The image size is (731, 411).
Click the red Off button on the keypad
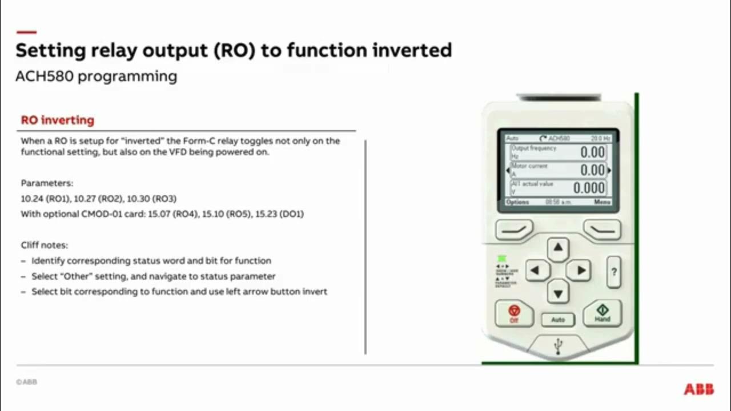coord(514,313)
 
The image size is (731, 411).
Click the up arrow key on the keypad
coord(558,248)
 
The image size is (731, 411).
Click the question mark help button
coord(614,272)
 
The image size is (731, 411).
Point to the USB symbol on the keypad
coord(558,345)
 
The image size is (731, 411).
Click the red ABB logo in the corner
coord(698,389)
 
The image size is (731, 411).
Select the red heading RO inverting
coord(57,120)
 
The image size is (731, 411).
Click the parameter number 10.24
coord(31,199)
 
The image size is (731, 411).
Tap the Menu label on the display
coord(602,202)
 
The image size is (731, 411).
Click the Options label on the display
coord(517,202)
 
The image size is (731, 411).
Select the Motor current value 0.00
coord(592,170)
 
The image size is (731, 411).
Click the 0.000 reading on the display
coord(589,188)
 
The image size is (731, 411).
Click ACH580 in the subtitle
coord(45,76)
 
